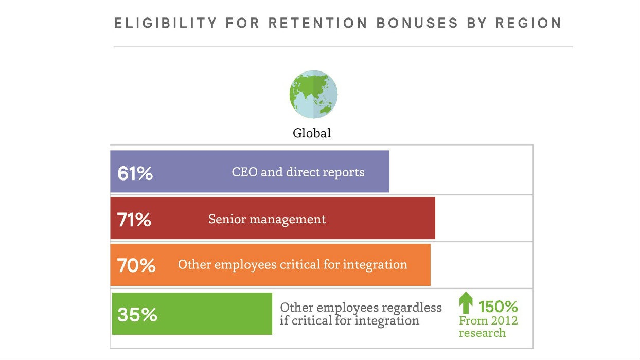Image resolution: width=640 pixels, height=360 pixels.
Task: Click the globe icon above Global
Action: click(x=313, y=94)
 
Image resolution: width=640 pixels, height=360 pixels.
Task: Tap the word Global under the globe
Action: click(x=312, y=133)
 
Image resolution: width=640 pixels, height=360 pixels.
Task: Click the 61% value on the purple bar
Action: click(x=135, y=173)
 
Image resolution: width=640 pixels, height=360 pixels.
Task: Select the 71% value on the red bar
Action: click(x=134, y=220)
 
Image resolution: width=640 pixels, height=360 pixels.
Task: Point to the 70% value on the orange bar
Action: click(x=136, y=265)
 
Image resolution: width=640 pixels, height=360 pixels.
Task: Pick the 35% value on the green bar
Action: click(x=137, y=315)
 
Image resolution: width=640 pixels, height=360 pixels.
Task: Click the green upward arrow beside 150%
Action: click(x=466, y=302)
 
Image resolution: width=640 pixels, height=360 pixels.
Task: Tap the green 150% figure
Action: click(x=498, y=307)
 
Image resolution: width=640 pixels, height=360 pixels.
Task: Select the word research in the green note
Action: click(x=482, y=333)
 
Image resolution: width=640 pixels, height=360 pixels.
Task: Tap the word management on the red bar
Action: click(x=288, y=220)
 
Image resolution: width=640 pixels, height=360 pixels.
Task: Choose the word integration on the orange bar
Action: click(x=375, y=265)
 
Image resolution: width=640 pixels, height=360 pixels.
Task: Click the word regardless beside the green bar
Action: click(x=412, y=308)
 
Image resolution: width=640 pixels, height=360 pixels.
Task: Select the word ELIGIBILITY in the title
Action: click(x=166, y=23)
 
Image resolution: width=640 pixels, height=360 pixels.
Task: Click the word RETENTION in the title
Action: click(x=318, y=23)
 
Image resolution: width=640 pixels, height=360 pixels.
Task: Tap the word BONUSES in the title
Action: click(x=417, y=23)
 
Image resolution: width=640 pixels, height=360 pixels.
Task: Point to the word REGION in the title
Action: click(x=528, y=23)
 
